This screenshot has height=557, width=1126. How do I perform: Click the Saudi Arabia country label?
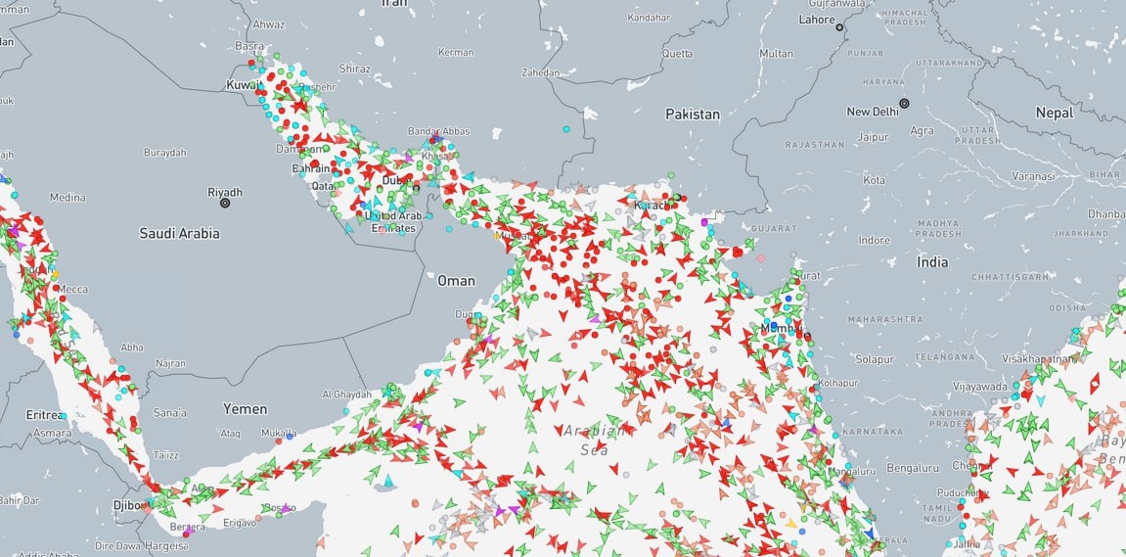(x=179, y=234)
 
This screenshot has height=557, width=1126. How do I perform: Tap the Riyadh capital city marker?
(x=225, y=203)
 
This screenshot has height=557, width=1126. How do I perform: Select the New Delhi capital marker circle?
(x=904, y=103)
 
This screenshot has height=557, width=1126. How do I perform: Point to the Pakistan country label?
(x=693, y=115)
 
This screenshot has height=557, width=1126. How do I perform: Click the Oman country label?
(x=456, y=281)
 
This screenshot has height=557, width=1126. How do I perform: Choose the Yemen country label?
(x=246, y=408)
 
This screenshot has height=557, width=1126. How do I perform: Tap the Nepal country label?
(x=1055, y=114)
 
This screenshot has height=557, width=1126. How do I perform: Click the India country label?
(x=932, y=262)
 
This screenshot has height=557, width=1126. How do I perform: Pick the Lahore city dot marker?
(x=839, y=28)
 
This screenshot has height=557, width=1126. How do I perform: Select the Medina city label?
(x=68, y=198)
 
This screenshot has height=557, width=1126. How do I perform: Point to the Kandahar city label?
(x=650, y=19)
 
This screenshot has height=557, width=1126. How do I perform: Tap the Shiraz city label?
(x=354, y=70)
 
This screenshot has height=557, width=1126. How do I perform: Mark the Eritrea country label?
(x=47, y=415)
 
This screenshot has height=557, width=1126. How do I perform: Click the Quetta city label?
(x=677, y=53)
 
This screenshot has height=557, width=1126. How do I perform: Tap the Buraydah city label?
(x=164, y=153)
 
